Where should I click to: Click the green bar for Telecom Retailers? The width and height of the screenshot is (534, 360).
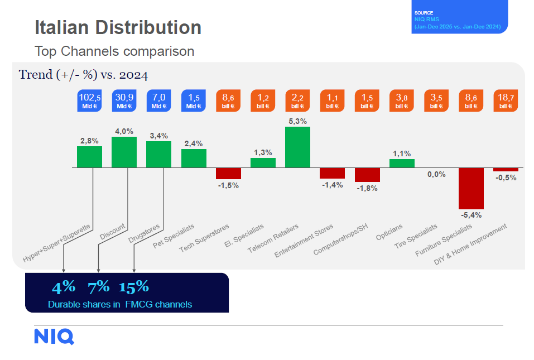point(297,147)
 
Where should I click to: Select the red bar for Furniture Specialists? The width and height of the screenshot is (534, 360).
point(471,188)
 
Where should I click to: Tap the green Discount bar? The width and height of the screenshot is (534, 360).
point(124,152)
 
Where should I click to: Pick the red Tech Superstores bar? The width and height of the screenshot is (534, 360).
point(228,173)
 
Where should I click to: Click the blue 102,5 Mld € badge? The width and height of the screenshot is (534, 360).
point(90,101)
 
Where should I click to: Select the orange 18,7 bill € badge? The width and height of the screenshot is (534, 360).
point(506,101)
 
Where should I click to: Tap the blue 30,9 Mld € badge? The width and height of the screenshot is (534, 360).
point(124,101)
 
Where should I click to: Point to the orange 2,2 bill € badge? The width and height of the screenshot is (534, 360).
point(298,101)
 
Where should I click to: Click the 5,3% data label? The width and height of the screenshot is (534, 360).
point(297,121)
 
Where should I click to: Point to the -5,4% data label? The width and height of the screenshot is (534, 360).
point(471,214)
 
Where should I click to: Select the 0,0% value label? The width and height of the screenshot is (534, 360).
point(436,174)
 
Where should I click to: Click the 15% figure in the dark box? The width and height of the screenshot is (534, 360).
point(134,287)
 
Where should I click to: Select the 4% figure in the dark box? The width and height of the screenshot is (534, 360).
point(63,287)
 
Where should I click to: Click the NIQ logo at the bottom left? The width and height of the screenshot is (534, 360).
point(54,337)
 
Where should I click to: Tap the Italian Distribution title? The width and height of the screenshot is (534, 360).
point(118,27)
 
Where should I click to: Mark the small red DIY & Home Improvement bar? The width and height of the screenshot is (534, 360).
point(506,169)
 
